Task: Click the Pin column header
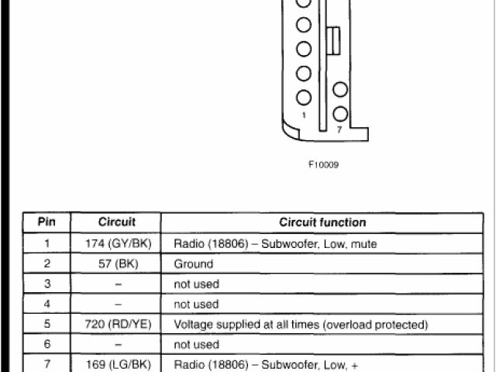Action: (46, 222)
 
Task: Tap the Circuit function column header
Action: (322, 222)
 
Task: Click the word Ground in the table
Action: (194, 263)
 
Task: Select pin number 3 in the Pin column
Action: (46, 284)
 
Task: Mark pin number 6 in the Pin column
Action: (46, 344)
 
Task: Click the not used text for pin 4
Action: (197, 304)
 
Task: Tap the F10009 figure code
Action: (323, 164)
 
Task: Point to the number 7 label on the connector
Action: (339, 129)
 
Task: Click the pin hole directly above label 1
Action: (304, 98)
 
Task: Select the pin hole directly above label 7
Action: (340, 114)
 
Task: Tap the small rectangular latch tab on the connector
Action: (334, 41)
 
